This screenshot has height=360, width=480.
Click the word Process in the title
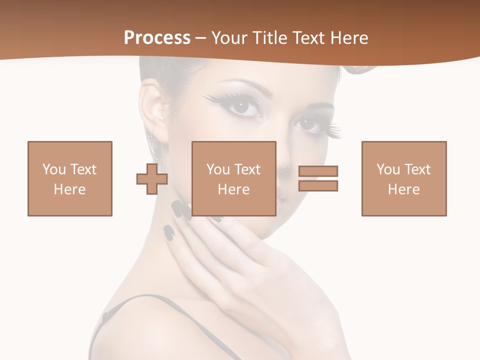[157, 38]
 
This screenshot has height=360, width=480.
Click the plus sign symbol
[152, 179]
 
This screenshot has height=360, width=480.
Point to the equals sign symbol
[318, 178]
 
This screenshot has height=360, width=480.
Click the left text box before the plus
[70, 178]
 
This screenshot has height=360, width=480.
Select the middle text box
[233, 178]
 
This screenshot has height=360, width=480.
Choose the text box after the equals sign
[403, 178]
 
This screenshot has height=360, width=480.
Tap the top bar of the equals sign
[318, 171]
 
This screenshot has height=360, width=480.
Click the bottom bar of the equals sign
[318, 186]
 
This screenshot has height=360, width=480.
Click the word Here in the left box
[70, 189]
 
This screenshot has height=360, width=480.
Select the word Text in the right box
[417, 169]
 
